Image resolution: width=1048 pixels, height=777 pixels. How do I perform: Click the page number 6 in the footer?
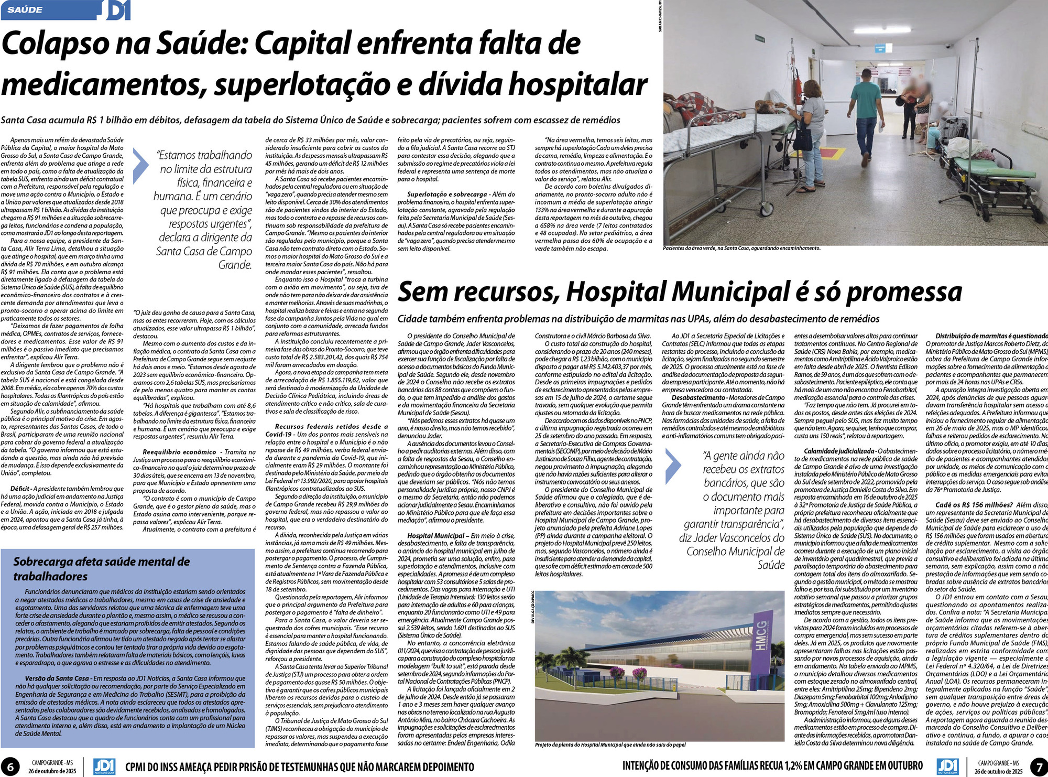click(10, 767)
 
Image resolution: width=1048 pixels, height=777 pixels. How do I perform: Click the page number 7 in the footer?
click(1038, 767)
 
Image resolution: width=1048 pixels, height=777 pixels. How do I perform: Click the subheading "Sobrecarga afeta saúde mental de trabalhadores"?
click(102, 569)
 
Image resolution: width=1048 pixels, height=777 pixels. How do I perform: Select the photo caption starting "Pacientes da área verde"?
click(741, 248)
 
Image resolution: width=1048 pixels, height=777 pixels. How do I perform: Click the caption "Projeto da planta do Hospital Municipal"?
click(610, 745)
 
